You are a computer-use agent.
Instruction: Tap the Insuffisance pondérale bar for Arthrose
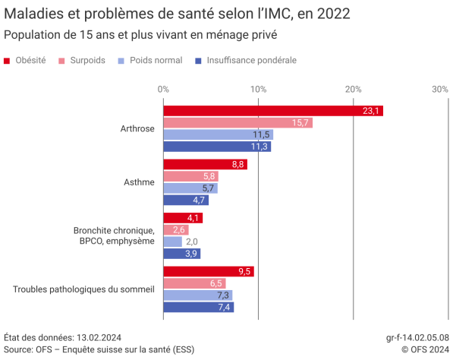(x=217, y=147)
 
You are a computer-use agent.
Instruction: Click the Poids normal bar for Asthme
(x=190, y=188)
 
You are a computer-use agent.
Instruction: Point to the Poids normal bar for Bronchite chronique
(x=173, y=242)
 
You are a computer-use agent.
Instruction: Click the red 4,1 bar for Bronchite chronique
(x=183, y=218)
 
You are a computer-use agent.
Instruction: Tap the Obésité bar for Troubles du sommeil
(x=209, y=271)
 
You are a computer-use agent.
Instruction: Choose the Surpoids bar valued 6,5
(x=194, y=283)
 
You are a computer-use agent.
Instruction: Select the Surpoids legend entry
(x=83, y=60)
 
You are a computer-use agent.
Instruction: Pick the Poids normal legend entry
(x=151, y=60)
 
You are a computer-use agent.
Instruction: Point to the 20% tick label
(x=353, y=90)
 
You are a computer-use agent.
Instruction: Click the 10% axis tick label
(x=258, y=90)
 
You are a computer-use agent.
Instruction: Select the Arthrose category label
(x=137, y=129)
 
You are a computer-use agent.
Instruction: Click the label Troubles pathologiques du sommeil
(x=84, y=289)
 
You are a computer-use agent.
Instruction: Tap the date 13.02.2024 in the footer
(x=99, y=337)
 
